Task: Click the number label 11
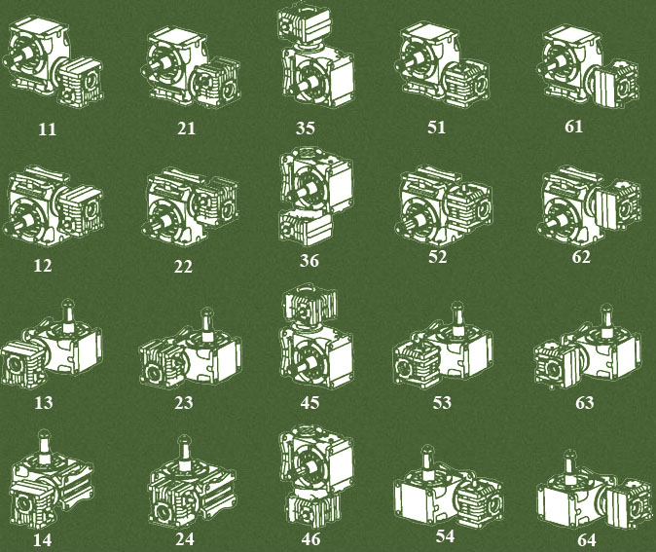click(x=48, y=129)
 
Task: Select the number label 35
click(x=306, y=128)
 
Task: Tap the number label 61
click(x=573, y=126)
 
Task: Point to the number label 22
click(x=183, y=266)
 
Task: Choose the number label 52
click(x=438, y=256)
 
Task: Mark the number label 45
click(x=310, y=402)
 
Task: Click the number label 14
click(x=42, y=540)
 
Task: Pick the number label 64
click(x=586, y=540)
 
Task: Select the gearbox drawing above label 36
click(x=316, y=196)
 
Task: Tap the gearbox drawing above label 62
click(x=589, y=205)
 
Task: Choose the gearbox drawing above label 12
click(x=54, y=206)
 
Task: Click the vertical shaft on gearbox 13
click(x=67, y=314)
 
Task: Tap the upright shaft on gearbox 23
click(x=206, y=324)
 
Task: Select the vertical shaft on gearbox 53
click(x=457, y=318)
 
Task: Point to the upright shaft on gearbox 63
click(x=606, y=320)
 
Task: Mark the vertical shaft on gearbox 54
click(x=427, y=462)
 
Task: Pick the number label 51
click(x=436, y=127)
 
